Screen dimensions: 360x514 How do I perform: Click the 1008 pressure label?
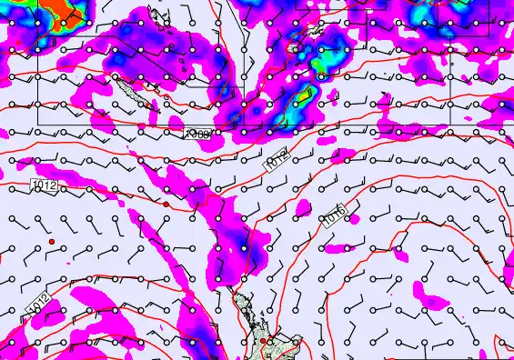197,134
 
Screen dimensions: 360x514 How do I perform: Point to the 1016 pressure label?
335,215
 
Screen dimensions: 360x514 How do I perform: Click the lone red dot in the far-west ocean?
53,241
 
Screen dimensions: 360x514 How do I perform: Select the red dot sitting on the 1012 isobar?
166,205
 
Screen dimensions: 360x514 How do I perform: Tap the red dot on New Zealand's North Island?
264,341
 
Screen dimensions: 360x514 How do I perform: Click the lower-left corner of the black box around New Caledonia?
37,123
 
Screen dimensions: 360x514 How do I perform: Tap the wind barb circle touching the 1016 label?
347,214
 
